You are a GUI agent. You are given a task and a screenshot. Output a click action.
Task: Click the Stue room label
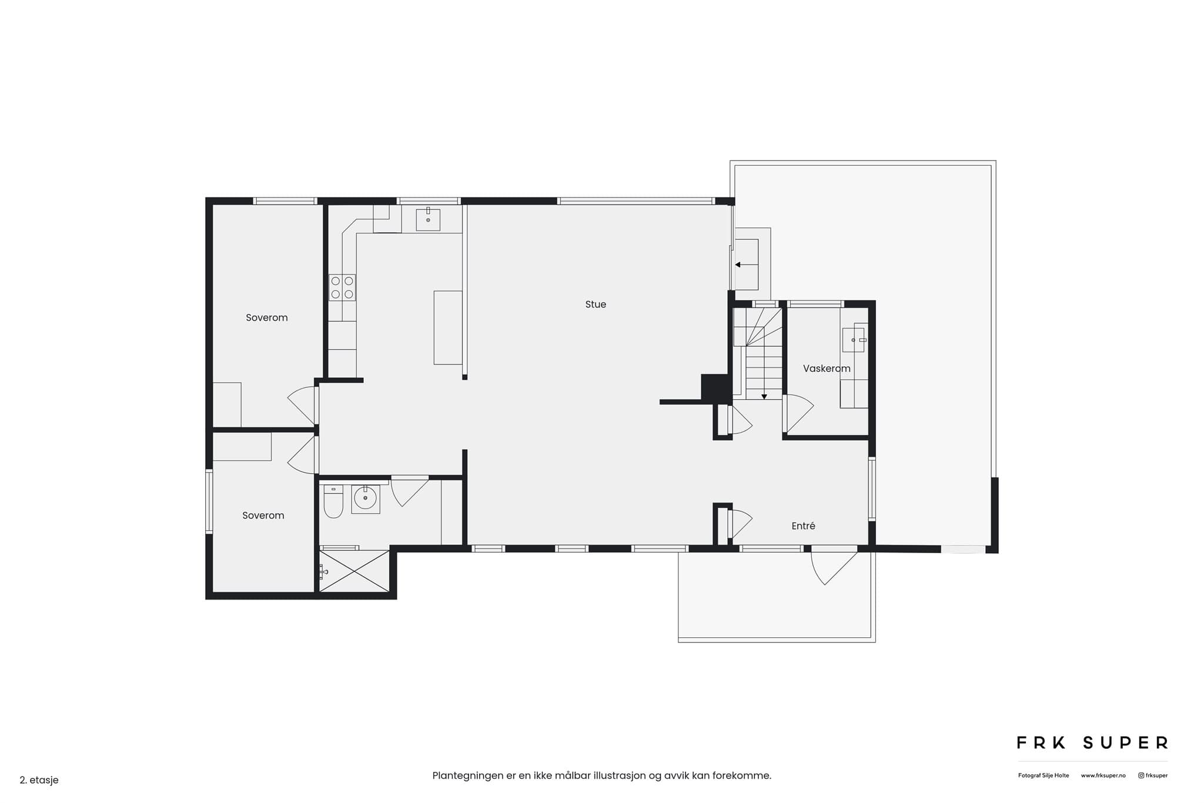click(596, 305)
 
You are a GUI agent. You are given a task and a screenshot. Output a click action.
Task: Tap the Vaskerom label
click(827, 369)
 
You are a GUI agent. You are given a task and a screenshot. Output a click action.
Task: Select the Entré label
click(803, 526)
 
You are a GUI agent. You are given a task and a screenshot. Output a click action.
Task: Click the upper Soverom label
click(267, 318)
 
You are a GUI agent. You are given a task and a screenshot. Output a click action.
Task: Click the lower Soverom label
click(263, 516)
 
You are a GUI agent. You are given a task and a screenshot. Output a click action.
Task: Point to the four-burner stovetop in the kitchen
click(342, 287)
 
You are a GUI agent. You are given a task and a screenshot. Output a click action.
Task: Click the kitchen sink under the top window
click(428, 219)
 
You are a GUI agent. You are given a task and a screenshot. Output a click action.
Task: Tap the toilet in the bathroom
click(333, 501)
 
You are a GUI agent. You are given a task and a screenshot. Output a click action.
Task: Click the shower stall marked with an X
click(354, 571)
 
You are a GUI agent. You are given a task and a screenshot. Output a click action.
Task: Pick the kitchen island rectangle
click(448, 327)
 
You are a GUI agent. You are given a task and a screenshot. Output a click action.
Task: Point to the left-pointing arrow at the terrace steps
click(746, 265)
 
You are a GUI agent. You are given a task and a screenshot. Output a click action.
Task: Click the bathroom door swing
click(409, 491)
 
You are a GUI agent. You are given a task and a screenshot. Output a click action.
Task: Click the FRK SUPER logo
click(1092, 743)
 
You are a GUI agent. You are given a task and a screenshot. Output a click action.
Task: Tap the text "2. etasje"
click(39, 781)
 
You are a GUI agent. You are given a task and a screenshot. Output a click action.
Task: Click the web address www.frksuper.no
click(1103, 776)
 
